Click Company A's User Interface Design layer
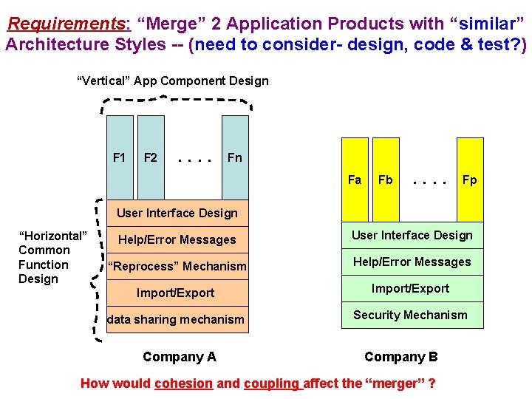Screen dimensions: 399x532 point(177,213)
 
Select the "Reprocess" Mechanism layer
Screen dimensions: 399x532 point(177,266)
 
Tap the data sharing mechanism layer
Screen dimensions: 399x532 point(176,319)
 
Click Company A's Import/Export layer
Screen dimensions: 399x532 point(176,293)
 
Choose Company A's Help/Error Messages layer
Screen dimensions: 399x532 point(177,239)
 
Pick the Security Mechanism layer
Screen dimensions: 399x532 point(411,315)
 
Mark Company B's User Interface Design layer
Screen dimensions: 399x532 point(412,235)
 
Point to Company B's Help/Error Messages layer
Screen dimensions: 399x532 point(412,262)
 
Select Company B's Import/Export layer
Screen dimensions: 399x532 point(411,288)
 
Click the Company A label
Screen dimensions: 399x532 point(180,357)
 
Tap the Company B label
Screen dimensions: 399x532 point(401,357)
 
